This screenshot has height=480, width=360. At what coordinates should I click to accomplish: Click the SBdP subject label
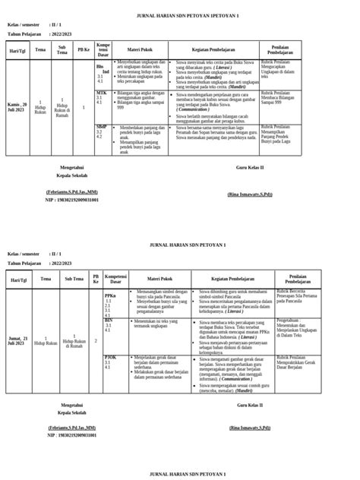(102, 125)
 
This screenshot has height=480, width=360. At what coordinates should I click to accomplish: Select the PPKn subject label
(110, 294)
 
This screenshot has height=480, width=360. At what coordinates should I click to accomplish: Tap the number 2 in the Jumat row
(96, 340)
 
